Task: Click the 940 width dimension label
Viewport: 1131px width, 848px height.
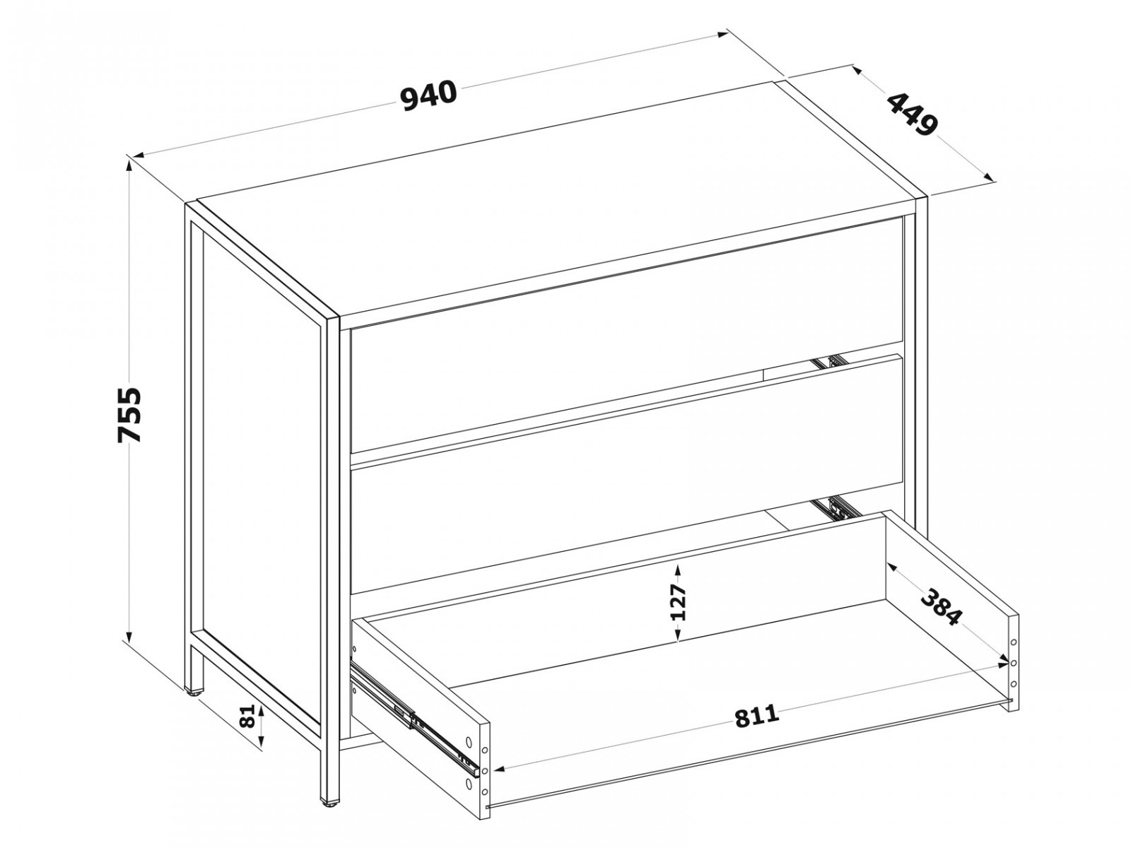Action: (429, 96)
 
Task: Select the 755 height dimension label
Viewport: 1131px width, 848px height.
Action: (129, 414)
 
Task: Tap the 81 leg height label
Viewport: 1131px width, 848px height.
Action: (248, 715)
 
